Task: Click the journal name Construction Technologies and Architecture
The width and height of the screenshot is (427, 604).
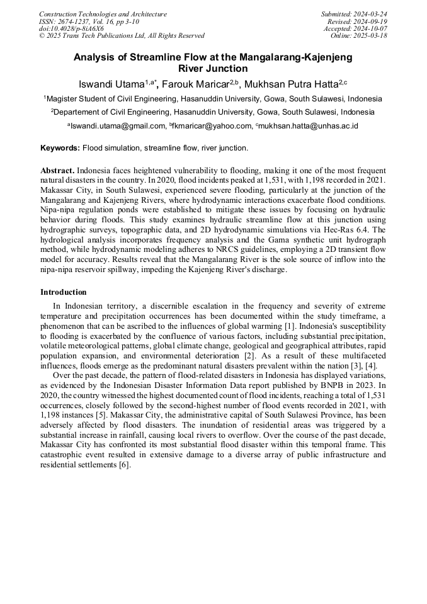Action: pos(103,14)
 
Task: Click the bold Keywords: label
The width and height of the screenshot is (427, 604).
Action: pos(60,149)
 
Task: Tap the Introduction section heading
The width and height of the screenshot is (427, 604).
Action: pos(64,292)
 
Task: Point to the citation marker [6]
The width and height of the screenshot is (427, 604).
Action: pos(125,465)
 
